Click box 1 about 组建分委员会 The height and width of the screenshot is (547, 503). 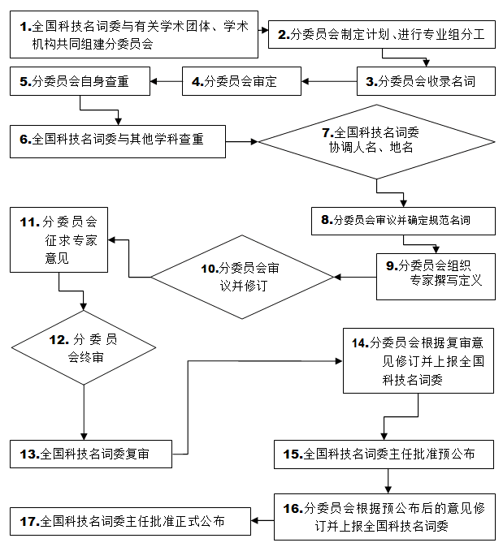[x=135, y=35]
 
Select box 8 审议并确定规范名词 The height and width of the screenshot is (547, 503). [x=402, y=219]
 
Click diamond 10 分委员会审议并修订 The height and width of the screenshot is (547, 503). [x=241, y=277]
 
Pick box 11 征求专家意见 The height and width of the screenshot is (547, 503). [x=59, y=239]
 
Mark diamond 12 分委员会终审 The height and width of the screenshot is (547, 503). [x=84, y=347]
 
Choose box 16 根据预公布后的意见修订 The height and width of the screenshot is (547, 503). [x=384, y=517]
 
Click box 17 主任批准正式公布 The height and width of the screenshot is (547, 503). [x=130, y=520]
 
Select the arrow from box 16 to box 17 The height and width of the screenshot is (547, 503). [x=262, y=520]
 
